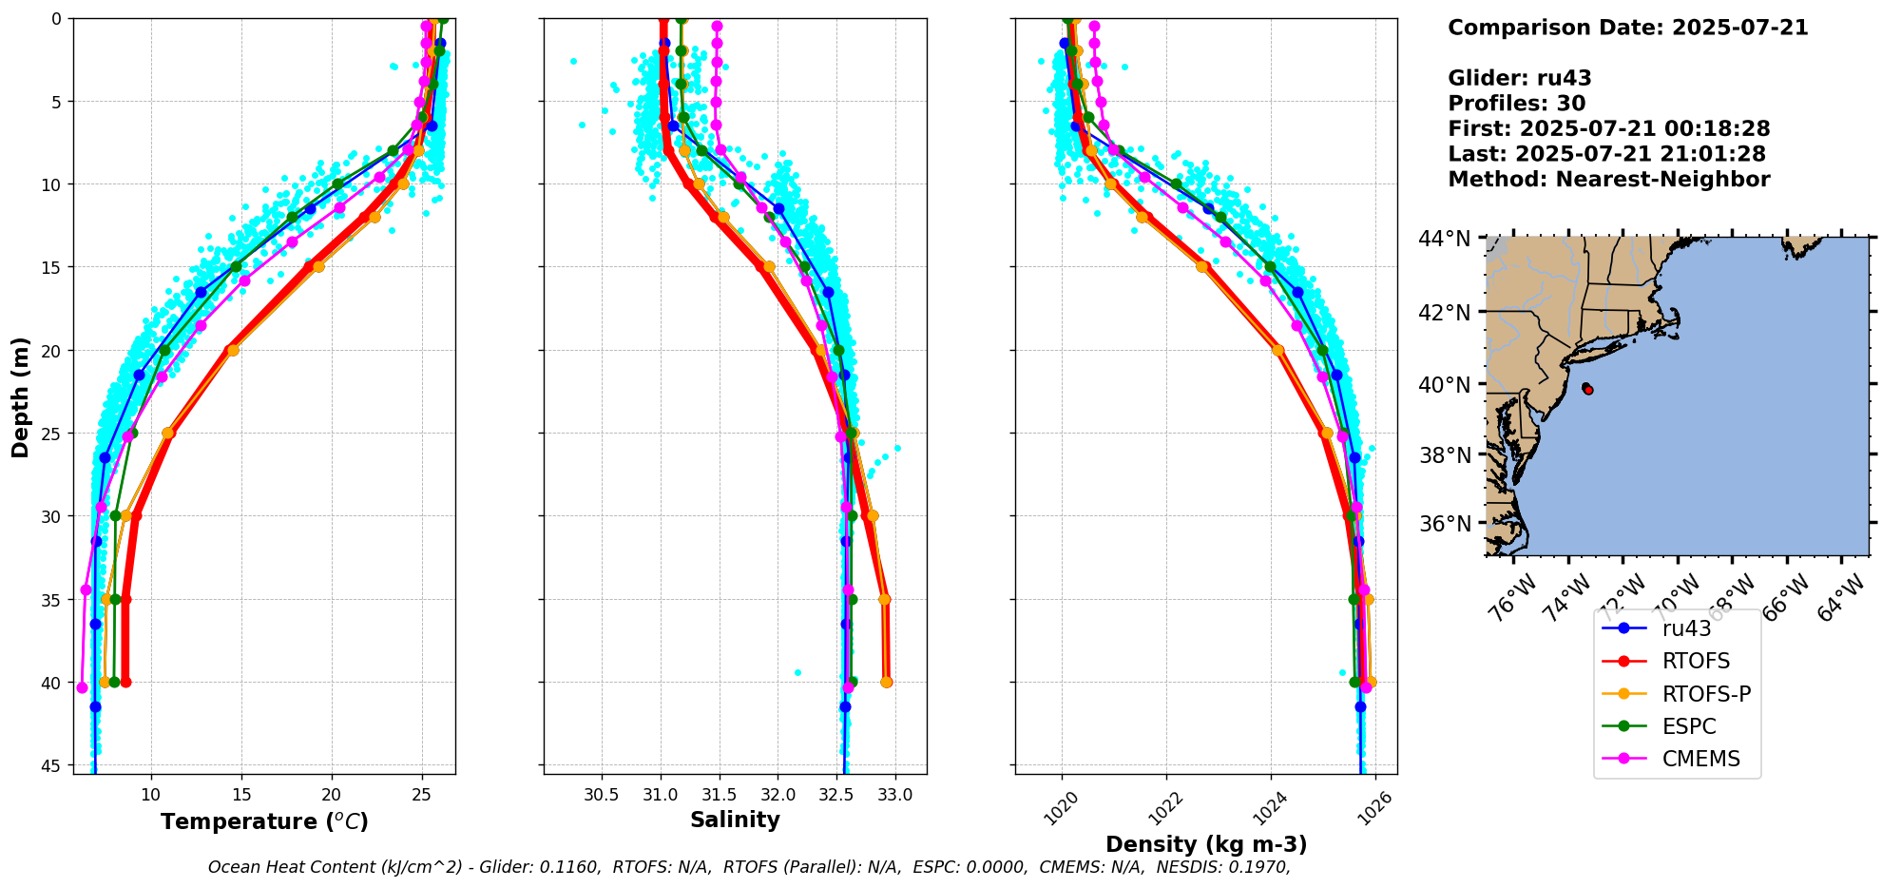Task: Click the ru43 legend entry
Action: (x=1686, y=628)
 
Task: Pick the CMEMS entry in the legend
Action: (x=1700, y=759)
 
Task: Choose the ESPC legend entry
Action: (x=1689, y=726)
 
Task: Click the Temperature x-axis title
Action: (x=264, y=821)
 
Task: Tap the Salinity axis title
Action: (x=735, y=820)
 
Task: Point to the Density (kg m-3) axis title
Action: (x=1206, y=844)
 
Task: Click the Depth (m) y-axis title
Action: (x=21, y=397)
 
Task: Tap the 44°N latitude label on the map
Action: (x=1445, y=239)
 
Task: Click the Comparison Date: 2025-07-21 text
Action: (x=1627, y=28)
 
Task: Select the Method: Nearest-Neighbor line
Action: (x=1608, y=180)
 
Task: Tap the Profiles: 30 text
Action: (x=1516, y=104)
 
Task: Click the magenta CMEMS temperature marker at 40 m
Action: (x=82, y=687)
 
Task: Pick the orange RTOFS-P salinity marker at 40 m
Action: (x=886, y=682)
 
